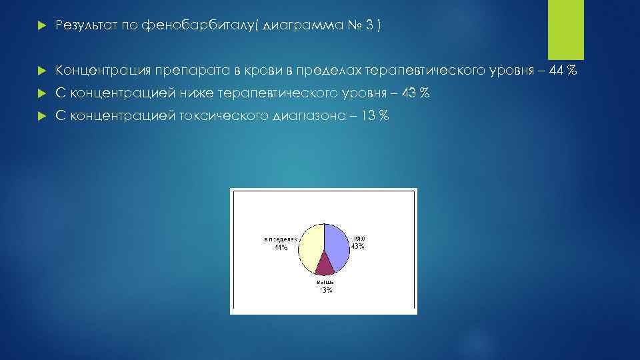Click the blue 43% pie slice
(337, 245)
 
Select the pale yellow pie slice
(310, 247)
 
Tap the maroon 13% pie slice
(325, 265)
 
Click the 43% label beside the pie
(357, 246)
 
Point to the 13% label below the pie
(325, 290)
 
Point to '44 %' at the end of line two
(563, 71)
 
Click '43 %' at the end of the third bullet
(415, 93)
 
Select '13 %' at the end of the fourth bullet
(375, 116)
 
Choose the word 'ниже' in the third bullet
(194, 93)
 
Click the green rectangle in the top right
(565, 29)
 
